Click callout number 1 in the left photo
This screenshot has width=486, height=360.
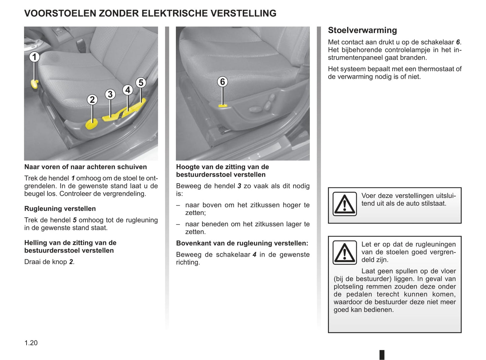click(34, 57)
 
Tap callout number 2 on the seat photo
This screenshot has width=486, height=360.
click(92, 100)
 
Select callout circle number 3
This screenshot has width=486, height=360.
click(110, 94)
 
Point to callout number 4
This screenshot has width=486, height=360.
click(127, 90)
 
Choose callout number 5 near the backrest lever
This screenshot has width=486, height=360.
click(141, 82)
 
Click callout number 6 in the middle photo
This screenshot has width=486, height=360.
click(222, 82)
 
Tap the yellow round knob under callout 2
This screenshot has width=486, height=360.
click(91, 124)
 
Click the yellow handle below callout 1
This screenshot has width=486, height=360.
click(34, 83)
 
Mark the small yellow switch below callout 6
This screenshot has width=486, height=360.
click(223, 106)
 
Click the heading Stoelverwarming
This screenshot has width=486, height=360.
click(362, 30)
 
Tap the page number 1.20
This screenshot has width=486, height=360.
click(31, 343)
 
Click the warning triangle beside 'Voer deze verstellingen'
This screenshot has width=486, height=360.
click(344, 204)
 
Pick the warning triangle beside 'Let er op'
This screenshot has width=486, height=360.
click(344, 253)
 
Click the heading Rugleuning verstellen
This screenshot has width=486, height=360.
click(60, 209)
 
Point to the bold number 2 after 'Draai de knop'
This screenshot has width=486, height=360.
click(71, 262)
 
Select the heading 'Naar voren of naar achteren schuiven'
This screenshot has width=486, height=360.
click(85, 167)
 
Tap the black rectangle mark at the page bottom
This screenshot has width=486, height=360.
click(382, 355)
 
